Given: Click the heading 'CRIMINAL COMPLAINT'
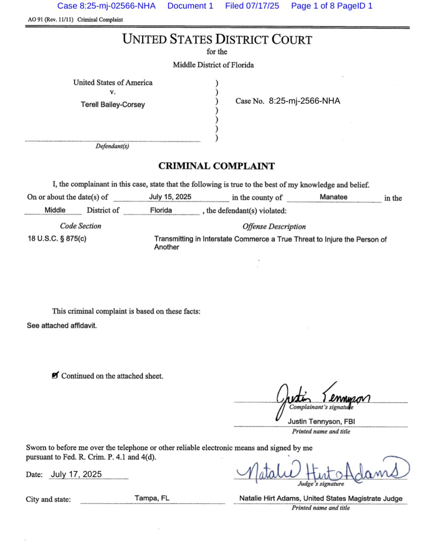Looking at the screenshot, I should (x=216, y=166).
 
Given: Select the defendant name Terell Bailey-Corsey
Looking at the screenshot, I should (x=113, y=104).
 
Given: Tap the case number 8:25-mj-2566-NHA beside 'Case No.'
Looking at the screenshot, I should (x=304, y=101).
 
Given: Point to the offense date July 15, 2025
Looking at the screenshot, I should (x=170, y=197).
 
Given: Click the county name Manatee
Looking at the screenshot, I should (x=334, y=197).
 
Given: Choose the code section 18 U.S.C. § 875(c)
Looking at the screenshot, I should (x=57, y=238).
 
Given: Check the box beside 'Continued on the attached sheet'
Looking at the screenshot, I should (x=55, y=375).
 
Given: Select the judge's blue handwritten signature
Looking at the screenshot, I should (x=322, y=471).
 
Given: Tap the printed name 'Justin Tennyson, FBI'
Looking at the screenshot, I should (x=321, y=421).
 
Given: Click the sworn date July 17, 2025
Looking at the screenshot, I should (x=76, y=474).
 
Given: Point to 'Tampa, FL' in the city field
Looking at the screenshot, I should (x=152, y=498).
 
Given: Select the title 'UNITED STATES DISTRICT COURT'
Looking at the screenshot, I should (x=217, y=39).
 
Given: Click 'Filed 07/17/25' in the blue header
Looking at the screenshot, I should (x=252, y=6).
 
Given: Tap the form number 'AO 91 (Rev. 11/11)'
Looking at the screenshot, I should (x=50, y=20).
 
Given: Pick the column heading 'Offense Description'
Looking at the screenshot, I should (x=274, y=226).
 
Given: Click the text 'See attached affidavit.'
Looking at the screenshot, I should (x=62, y=325).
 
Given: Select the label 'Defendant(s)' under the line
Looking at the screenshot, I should (x=112, y=146).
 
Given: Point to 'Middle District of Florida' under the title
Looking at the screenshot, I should (x=213, y=65).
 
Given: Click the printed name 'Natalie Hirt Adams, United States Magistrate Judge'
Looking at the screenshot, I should (x=321, y=498).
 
